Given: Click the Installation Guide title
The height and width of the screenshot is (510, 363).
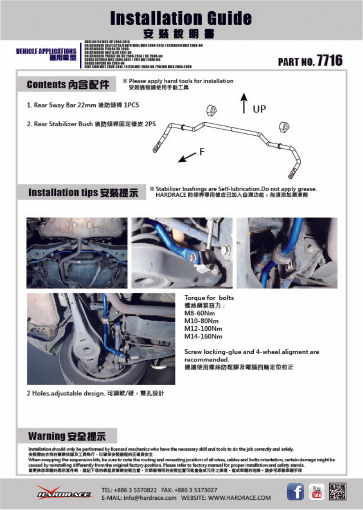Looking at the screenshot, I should [181, 18].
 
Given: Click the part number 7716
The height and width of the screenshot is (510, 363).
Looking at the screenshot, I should [329, 61].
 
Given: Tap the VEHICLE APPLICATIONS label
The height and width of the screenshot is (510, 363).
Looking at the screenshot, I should [46, 51].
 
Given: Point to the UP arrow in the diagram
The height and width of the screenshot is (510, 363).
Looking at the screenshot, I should [244, 103].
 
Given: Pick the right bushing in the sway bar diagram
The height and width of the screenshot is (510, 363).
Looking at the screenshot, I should [283, 126].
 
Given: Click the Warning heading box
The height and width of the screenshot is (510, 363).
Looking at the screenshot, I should [67, 436].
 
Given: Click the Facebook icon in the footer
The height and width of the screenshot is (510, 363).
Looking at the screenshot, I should [295, 492].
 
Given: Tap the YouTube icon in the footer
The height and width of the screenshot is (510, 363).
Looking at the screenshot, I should [317, 492].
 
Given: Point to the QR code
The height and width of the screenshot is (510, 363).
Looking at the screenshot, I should [338, 492].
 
